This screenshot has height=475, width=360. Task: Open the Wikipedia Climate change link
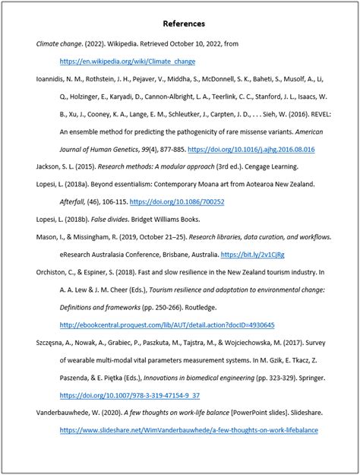tap(128, 61)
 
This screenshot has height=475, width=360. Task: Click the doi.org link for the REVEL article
tap(251, 150)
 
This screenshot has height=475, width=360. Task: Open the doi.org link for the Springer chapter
tap(130, 395)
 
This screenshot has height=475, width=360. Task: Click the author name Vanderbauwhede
tap(69, 413)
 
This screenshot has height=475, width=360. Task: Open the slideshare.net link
tap(188, 430)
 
